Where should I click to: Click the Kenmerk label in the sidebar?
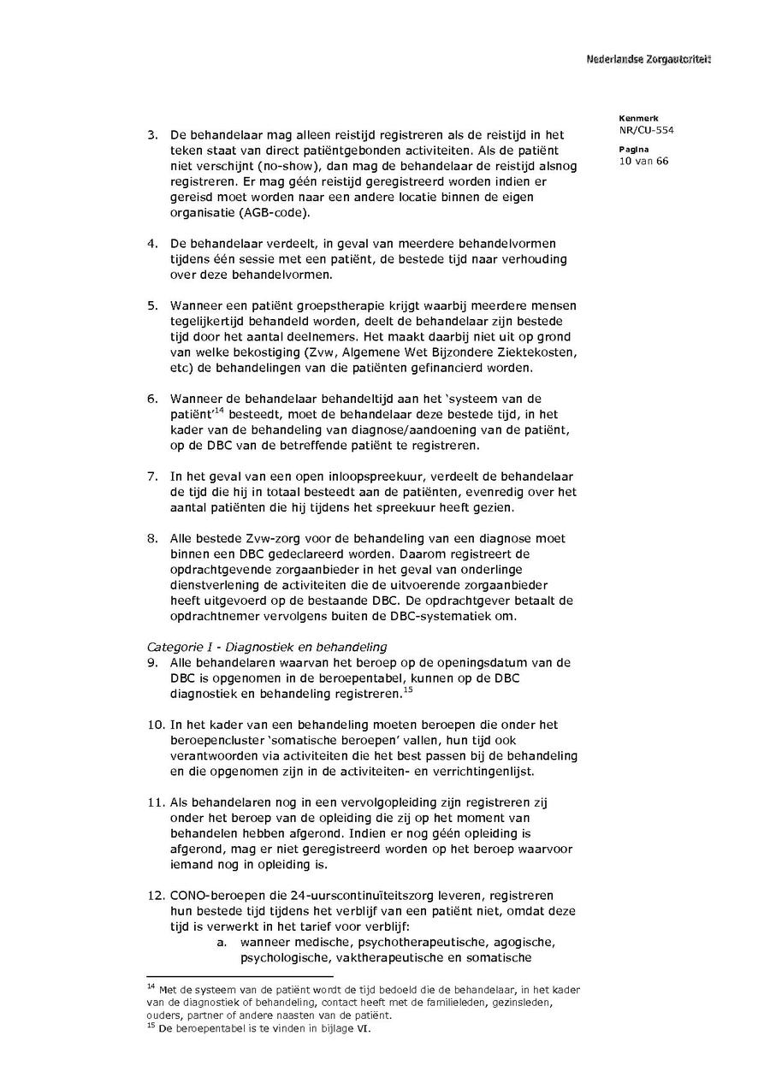coord(634,118)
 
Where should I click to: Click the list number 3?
coord(153,135)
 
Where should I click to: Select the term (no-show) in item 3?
coord(254,166)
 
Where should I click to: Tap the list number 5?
coord(153,305)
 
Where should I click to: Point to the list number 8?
coord(153,539)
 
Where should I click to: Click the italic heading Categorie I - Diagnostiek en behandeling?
coord(267,647)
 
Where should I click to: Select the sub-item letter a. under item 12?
coord(221,942)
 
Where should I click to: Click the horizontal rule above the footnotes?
coord(240,976)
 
